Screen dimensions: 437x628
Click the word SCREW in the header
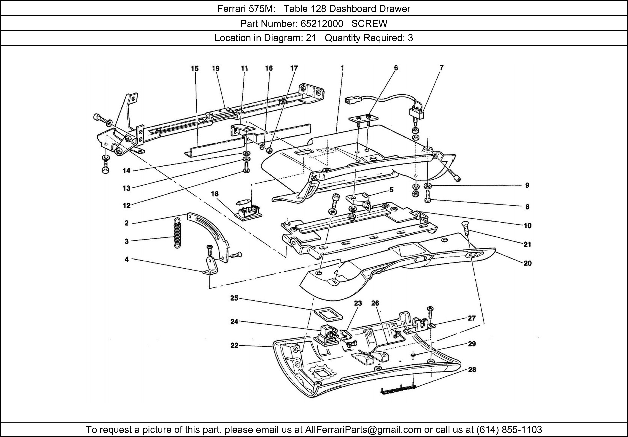pyautogui.click(x=369, y=24)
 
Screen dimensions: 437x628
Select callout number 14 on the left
pyautogui.click(x=126, y=171)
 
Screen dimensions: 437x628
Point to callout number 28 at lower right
pyautogui.click(x=472, y=370)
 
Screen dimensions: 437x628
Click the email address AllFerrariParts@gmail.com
pyautogui.click(x=363, y=430)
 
